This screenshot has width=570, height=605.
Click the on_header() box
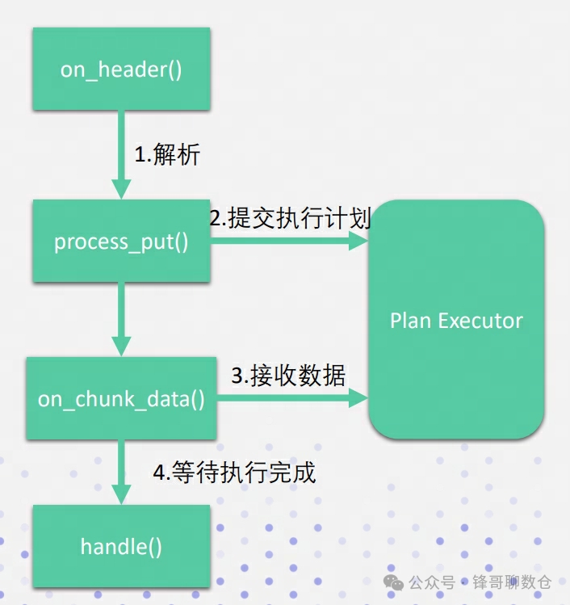click(x=121, y=69)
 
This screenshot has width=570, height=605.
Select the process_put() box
click(x=121, y=242)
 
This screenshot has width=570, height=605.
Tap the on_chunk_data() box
click(x=121, y=398)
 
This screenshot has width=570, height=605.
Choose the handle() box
click(x=121, y=546)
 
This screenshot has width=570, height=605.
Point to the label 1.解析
click(x=167, y=154)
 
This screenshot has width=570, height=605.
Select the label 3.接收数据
click(x=288, y=376)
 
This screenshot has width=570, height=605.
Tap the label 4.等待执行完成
click(x=234, y=472)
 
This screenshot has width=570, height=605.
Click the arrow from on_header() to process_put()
click(x=121, y=153)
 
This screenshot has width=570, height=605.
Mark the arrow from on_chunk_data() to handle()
click(x=121, y=473)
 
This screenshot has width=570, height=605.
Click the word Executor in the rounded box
click(x=480, y=321)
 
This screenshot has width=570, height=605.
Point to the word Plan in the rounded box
click(x=410, y=321)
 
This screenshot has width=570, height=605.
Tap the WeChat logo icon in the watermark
click(x=395, y=582)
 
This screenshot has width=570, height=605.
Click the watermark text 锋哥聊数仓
click(x=513, y=582)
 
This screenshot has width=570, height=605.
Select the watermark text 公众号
click(x=432, y=582)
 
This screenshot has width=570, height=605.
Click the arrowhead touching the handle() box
click(x=121, y=494)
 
